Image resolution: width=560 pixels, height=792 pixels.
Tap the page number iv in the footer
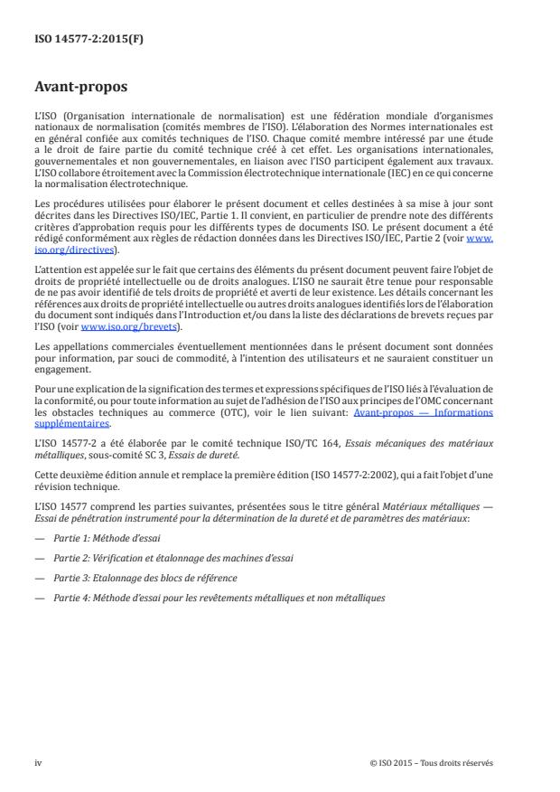38,762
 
